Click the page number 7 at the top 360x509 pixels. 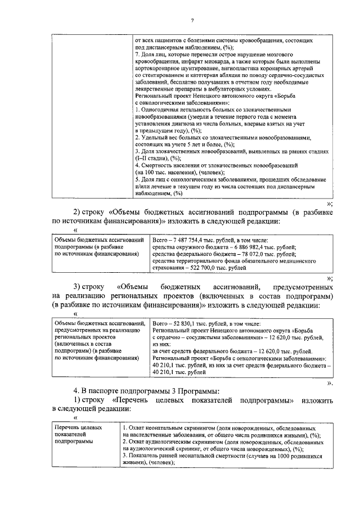click(192, 21)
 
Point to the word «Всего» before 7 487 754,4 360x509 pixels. click(161, 240)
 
